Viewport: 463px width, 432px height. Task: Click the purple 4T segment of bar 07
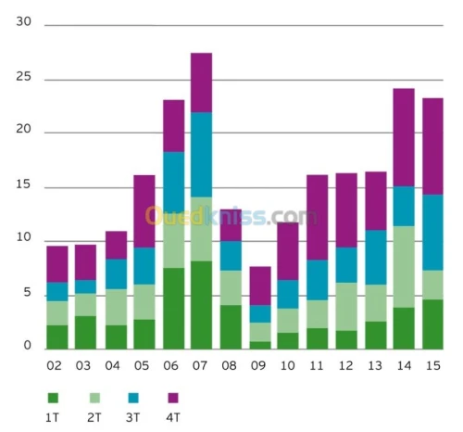[201, 83]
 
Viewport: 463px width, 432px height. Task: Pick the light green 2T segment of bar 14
[403, 267]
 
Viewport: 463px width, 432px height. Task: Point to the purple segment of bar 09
[260, 286]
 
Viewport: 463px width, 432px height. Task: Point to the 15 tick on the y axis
[24, 185]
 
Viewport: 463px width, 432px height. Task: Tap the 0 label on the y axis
[28, 347]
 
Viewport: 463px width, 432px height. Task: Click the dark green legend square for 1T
[53, 398]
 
